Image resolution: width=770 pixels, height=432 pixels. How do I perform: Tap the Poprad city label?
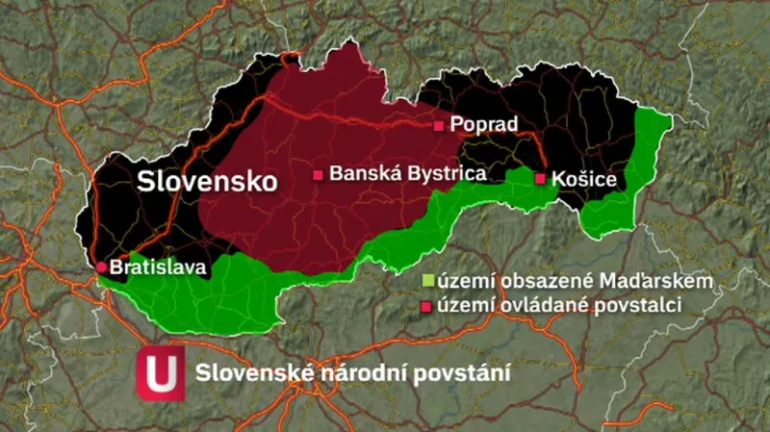[484, 125]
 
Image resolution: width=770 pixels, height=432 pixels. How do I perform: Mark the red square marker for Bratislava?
[101, 267]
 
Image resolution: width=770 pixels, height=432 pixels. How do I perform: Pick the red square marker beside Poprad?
[439, 126]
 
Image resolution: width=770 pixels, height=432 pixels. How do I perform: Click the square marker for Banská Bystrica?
[318, 176]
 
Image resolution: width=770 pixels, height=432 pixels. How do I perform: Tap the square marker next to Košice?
[541, 179]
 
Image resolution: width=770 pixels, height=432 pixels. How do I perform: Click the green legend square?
[427, 282]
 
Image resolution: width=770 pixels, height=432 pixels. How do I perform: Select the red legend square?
[427, 306]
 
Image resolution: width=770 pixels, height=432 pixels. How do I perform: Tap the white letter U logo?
[160, 372]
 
